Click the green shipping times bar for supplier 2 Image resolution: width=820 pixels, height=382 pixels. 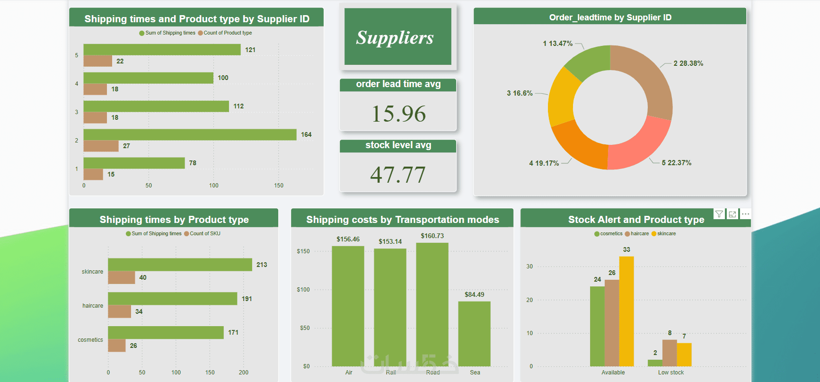[x=190, y=135]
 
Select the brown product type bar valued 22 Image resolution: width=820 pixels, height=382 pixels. [x=97, y=61]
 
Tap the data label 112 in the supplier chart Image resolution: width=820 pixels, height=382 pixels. [x=238, y=107]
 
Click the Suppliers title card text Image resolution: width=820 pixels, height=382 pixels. [x=395, y=38]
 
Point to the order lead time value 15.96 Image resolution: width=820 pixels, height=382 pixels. [x=398, y=114]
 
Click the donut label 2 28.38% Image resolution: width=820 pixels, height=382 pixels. [x=688, y=63]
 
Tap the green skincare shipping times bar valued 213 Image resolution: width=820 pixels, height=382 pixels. [x=180, y=265]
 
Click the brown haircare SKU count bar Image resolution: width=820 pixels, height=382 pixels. [x=119, y=311]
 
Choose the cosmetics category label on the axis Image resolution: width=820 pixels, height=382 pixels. [x=90, y=340]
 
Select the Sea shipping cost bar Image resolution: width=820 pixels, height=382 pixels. [x=474, y=334]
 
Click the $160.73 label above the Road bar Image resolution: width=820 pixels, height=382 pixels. [x=432, y=236]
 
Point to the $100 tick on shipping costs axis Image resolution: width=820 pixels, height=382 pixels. [x=303, y=290]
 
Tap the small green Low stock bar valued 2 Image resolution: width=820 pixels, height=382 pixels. [x=655, y=363]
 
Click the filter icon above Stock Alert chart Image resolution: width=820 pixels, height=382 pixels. [x=719, y=214]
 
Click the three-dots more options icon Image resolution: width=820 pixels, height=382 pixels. [x=745, y=214]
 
